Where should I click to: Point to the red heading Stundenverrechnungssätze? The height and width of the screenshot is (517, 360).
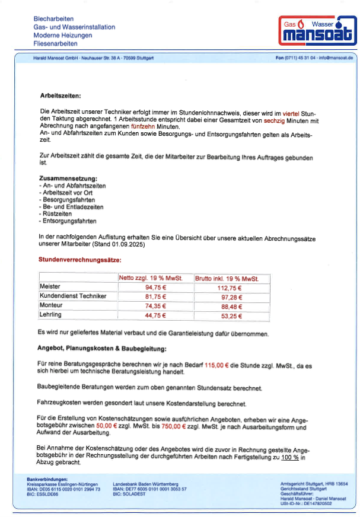[80, 260]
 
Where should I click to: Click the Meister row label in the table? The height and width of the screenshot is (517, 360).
[50, 286]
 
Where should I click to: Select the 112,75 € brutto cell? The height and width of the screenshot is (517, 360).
[231, 288]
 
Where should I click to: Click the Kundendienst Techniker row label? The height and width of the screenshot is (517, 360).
[72, 296]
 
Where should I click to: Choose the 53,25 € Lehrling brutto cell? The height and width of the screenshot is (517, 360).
[231, 315]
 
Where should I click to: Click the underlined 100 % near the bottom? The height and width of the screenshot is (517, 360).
[290, 458]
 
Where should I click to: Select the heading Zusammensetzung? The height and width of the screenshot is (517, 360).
[68, 178]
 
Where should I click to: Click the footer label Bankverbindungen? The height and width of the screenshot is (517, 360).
[48, 478]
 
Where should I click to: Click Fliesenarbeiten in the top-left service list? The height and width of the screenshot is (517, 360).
[56, 43]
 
